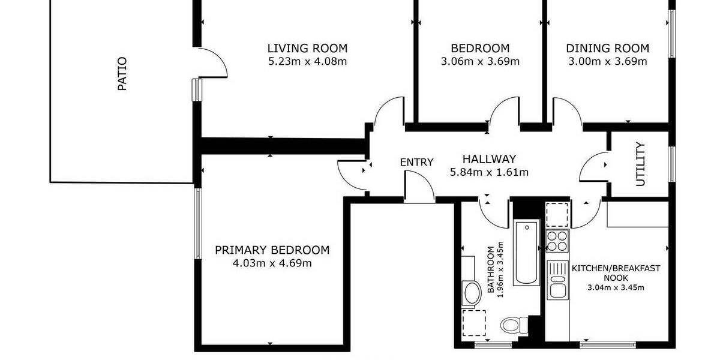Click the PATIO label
coord(122,73)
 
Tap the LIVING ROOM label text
coord(307,49)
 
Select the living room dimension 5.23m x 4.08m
coord(307,61)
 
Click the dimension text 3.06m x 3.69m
coord(480,61)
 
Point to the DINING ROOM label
coord(607,49)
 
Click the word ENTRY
coord(416,162)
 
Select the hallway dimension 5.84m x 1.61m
coord(489,173)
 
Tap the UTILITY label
coord(640,164)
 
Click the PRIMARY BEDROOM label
coord(272,250)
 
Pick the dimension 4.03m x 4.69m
coord(272,263)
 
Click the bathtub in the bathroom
coord(527,252)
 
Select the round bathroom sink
coord(472,293)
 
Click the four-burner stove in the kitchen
coord(557,240)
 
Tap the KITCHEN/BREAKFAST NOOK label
coord(616,273)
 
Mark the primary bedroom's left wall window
coord(197,223)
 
